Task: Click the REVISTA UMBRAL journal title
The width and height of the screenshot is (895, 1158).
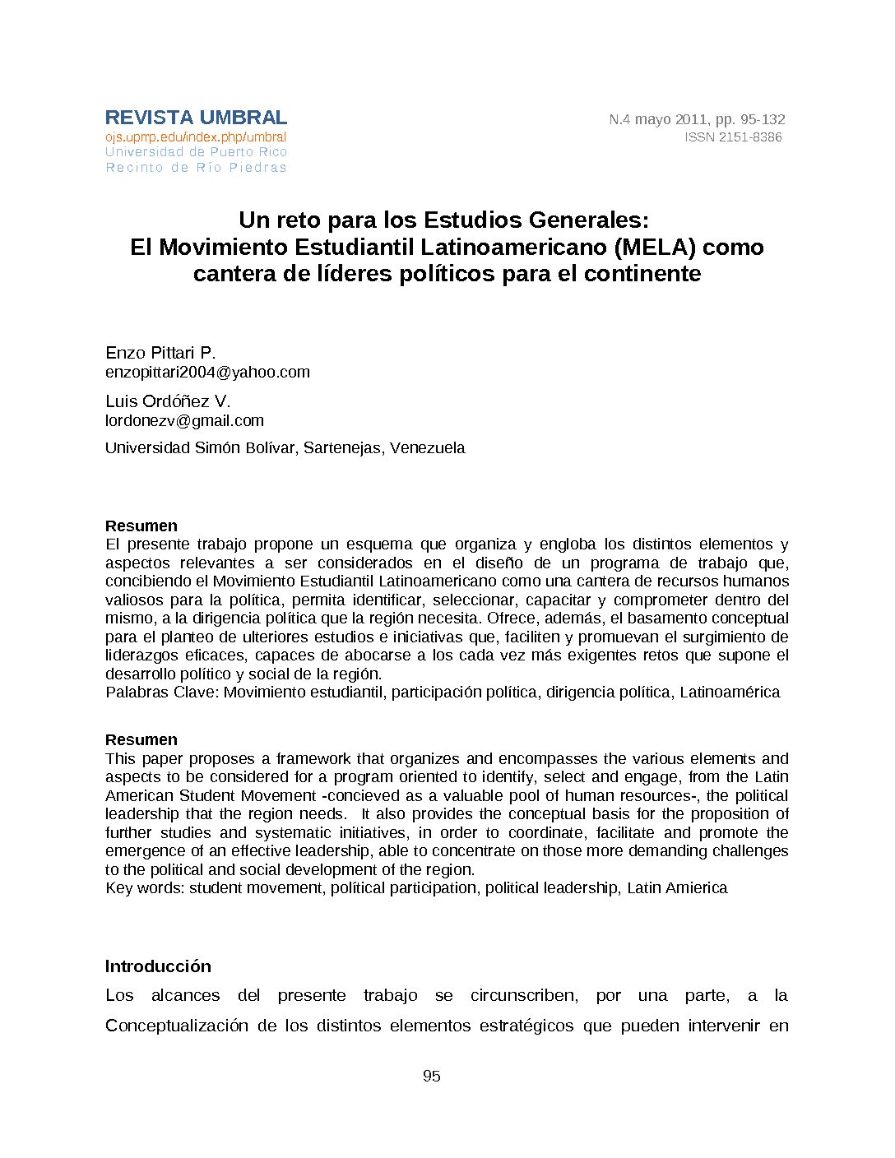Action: click(x=196, y=118)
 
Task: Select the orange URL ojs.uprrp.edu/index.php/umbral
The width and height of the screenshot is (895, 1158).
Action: click(x=196, y=137)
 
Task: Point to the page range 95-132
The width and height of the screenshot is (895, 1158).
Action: click(x=762, y=119)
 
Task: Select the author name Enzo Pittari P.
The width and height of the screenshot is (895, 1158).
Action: click(x=160, y=353)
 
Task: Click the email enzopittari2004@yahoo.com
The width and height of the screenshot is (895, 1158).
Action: click(x=207, y=372)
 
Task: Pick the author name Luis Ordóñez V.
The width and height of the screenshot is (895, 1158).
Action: click(x=168, y=401)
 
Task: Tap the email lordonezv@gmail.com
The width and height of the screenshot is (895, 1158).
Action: click(x=184, y=420)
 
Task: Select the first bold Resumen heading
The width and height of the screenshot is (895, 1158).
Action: click(x=141, y=526)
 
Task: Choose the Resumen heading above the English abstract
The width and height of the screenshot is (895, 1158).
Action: click(x=141, y=739)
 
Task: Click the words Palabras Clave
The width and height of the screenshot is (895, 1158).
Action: click(x=161, y=692)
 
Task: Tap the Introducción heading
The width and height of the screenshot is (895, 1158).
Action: click(x=158, y=966)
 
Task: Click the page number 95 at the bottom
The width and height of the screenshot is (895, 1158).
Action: click(x=431, y=1076)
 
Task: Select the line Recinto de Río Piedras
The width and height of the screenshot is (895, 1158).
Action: click(x=196, y=168)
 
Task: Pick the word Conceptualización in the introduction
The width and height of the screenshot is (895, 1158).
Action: click(x=176, y=1025)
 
